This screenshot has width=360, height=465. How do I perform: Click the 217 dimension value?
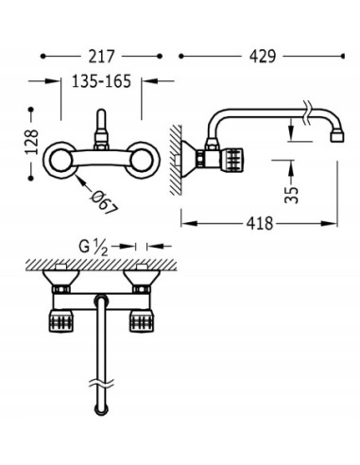point(101,57)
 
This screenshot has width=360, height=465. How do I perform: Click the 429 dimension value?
point(263,57)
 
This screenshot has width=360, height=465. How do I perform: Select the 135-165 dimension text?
point(101,81)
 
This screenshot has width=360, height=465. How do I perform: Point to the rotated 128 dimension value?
point(32,142)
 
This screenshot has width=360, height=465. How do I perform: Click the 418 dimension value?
point(260,224)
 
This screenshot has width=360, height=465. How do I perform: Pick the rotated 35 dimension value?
point(291,196)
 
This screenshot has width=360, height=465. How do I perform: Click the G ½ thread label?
point(94,248)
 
